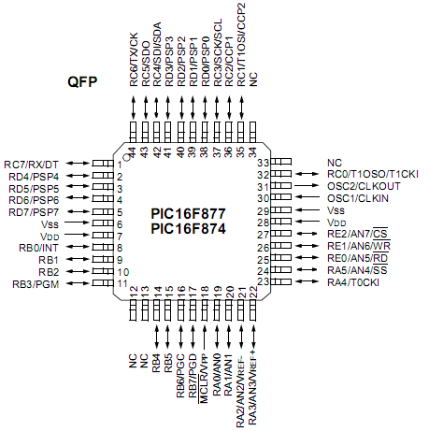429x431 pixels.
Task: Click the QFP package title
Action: point(82,82)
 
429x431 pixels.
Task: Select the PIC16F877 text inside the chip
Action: point(188,214)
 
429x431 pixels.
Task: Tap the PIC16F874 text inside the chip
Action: point(188,229)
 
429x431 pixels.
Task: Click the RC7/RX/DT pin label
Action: point(31,165)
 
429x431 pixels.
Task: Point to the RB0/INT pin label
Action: point(38,248)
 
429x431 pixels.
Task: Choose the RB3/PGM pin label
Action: point(36,284)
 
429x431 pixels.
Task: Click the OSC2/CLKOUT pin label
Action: point(364,186)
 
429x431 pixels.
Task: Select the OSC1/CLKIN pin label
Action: point(358,198)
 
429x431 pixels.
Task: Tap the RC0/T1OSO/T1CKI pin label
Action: point(373,174)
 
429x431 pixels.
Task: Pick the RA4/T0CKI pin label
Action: point(353,282)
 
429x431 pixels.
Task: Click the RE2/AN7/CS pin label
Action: point(357,234)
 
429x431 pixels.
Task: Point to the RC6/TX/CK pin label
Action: point(134,59)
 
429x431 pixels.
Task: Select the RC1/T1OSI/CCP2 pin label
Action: point(241,45)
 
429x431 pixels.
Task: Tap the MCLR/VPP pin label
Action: point(204,379)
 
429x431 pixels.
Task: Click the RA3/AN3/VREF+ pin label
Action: point(252,387)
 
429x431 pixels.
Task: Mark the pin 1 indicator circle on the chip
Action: point(126,158)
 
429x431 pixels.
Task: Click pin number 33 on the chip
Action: point(264,163)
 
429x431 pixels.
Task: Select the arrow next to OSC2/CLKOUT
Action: point(307,186)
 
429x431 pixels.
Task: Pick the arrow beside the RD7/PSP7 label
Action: point(79,211)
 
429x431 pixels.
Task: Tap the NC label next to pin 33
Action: point(335,163)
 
